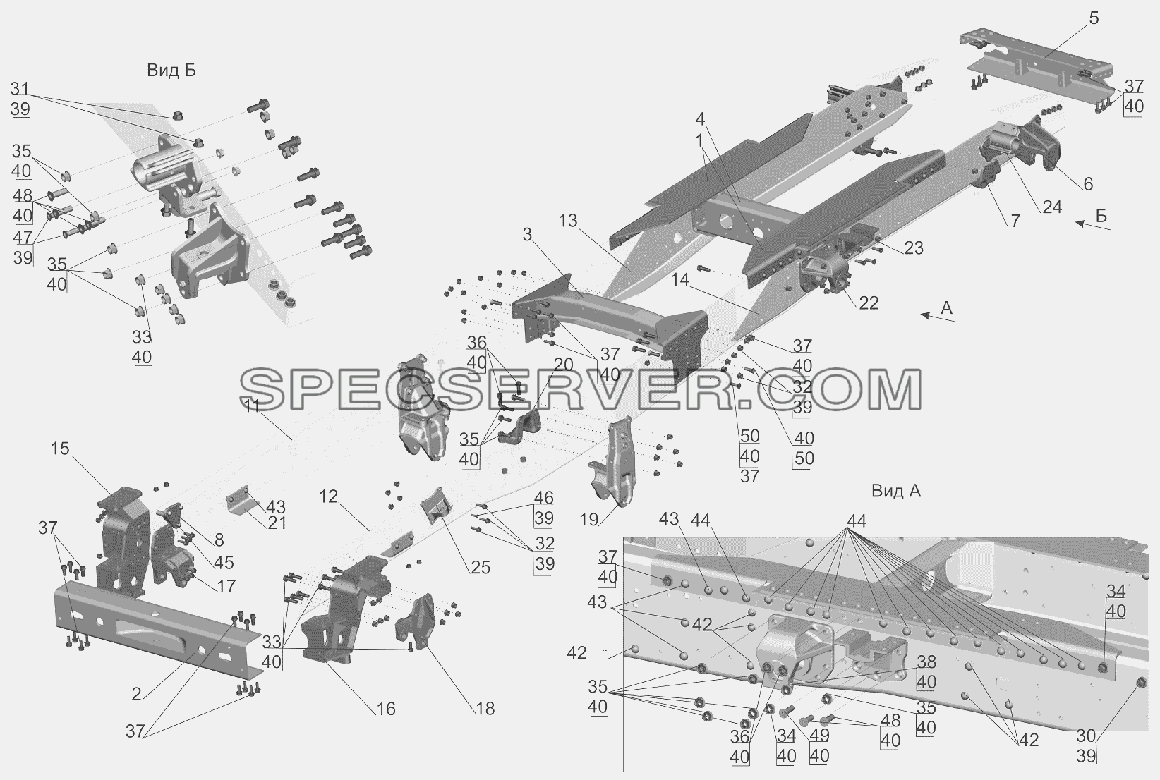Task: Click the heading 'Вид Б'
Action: tap(171, 71)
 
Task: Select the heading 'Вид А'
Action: tap(896, 491)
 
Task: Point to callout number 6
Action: tap(1088, 184)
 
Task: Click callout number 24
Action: tap(1052, 207)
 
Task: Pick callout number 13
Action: tap(568, 221)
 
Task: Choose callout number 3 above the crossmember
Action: tap(527, 235)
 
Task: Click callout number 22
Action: tap(869, 303)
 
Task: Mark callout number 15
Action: tap(60, 449)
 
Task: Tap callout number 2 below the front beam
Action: tap(136, 694)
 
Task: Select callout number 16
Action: tap(386, 709)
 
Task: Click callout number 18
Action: tap(485, 709)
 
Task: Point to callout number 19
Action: tap(588, 519)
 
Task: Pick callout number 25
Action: tap(480, 567)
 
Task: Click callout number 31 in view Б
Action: tap(20, 89)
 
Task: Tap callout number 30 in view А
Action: tap(1087, 736)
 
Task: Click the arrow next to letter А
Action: tap(938, 318)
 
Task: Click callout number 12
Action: tap(328, 497)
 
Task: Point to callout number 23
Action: tap(914, 248)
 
